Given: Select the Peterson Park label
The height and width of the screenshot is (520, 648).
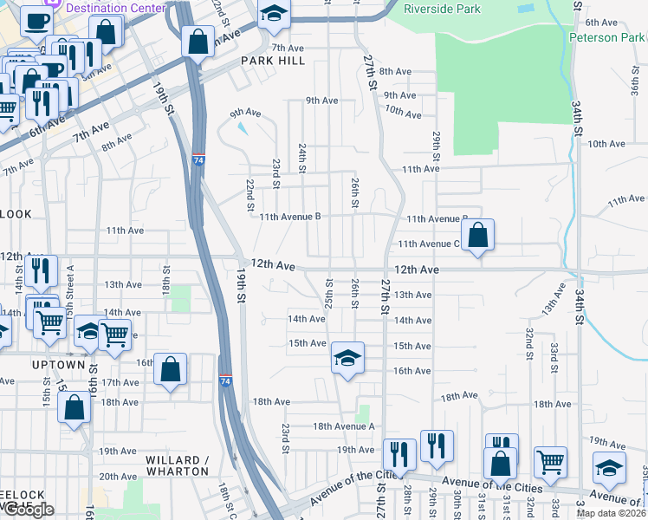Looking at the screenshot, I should point(607,37).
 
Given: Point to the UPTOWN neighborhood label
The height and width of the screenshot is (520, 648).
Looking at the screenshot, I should point(58,365).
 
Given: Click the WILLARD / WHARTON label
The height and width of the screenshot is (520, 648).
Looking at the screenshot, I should point(177,465).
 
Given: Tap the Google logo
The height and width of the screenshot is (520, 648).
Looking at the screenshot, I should point(29,510).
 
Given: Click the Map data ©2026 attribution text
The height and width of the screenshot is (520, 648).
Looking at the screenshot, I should point(611,513).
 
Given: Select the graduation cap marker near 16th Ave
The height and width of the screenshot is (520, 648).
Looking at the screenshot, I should point(347,360).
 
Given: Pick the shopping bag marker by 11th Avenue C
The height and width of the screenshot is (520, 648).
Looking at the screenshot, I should point(477,236).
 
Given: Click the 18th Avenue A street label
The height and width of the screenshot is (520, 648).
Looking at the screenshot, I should point(343,426).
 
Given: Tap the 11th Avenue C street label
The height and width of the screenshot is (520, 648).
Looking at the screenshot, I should point(428,244).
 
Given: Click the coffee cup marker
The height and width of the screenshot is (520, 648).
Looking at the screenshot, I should point(36,22).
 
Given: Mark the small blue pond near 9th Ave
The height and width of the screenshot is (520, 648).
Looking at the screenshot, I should point(240,128).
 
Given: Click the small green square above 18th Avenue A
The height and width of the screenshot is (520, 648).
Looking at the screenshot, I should point(363,413).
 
